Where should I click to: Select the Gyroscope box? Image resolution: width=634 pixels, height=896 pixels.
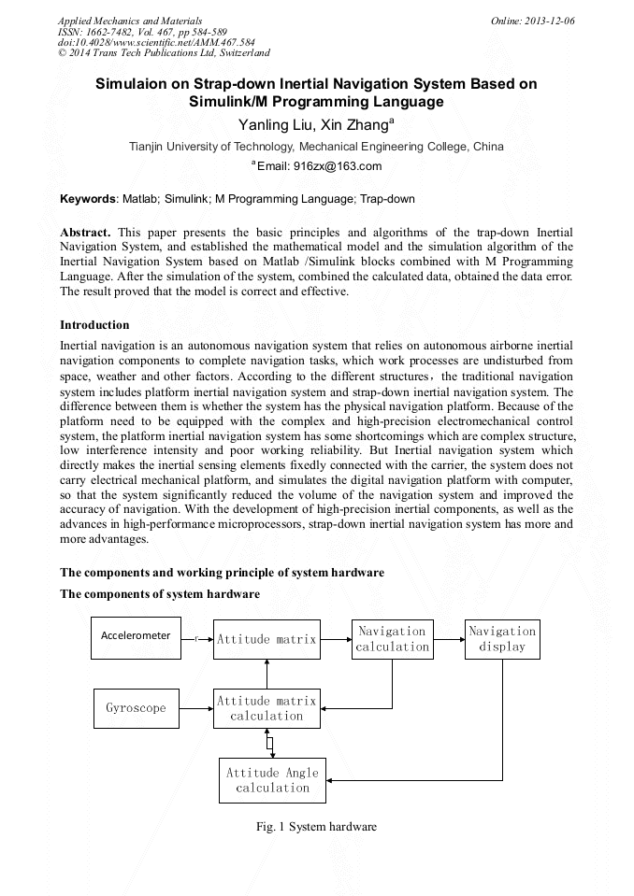click(136, 708)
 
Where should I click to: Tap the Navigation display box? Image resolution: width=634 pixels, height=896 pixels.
click(502, 639)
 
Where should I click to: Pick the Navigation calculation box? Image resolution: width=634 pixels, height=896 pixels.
click(392, 639)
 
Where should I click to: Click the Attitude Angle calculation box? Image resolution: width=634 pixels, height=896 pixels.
click(272, 780)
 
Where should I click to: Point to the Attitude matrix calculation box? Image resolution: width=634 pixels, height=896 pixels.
click(267, 708)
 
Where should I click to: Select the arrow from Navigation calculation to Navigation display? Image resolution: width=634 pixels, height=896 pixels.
click(449, 639)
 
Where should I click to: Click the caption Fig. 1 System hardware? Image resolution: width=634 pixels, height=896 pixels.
click(317, 827)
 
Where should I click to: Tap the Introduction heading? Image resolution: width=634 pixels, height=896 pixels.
click(94, 325)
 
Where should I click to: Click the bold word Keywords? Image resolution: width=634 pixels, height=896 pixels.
click(88, 199)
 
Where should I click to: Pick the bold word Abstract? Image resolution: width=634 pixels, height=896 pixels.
click(85, 232)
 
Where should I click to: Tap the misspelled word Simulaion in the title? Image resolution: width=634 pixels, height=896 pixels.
click(134, 84)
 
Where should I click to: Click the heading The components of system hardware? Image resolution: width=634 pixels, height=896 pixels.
click(160, 594)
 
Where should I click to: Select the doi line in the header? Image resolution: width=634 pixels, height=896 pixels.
click(156, 42)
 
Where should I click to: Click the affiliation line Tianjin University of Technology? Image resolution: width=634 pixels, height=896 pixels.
click(316, 147)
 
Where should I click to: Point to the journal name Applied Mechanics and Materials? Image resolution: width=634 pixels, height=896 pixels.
click(130, 20)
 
